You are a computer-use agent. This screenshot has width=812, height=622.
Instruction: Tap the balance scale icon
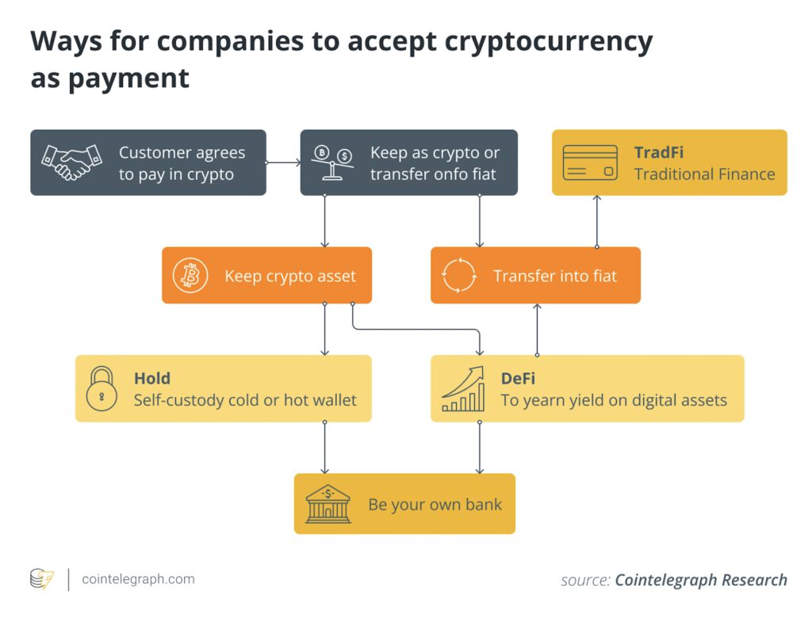333,162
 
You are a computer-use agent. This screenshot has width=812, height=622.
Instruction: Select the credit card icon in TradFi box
590,162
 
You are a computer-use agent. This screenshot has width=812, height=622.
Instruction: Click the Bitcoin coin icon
190,276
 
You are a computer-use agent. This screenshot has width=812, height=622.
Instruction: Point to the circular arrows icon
459,276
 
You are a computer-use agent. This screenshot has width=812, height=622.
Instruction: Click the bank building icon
327,504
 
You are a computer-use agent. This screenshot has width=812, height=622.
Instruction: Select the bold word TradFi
658,152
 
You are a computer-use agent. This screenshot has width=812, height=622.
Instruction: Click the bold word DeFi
518,379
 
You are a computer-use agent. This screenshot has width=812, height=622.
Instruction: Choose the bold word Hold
151,379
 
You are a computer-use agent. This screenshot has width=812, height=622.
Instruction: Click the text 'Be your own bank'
435,505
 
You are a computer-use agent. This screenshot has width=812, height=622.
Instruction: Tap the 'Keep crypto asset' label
290,276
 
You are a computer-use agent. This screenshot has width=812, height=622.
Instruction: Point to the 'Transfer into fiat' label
554,276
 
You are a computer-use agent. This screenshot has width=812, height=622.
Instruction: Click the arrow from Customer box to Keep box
283,162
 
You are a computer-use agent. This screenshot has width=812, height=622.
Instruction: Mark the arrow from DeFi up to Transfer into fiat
538,329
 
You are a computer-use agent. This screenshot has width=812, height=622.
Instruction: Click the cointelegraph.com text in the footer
138,579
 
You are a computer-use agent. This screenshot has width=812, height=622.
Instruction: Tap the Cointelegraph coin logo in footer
41,579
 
